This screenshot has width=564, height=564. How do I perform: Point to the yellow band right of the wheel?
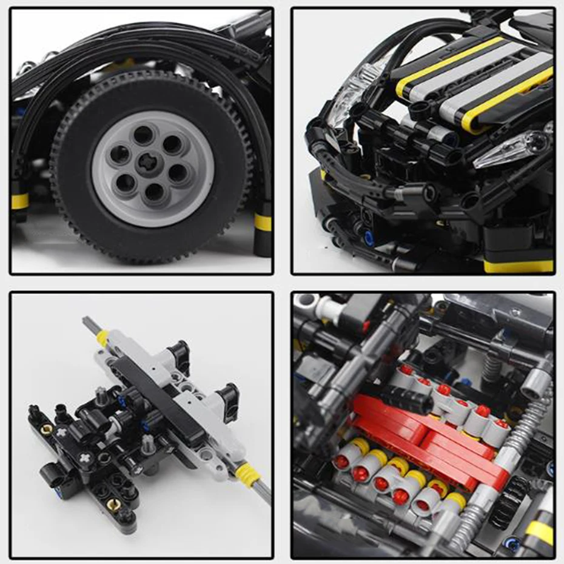(262, 222)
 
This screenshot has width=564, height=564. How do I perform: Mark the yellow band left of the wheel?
(19, 201)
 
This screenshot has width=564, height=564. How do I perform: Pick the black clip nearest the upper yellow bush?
(178, 352)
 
